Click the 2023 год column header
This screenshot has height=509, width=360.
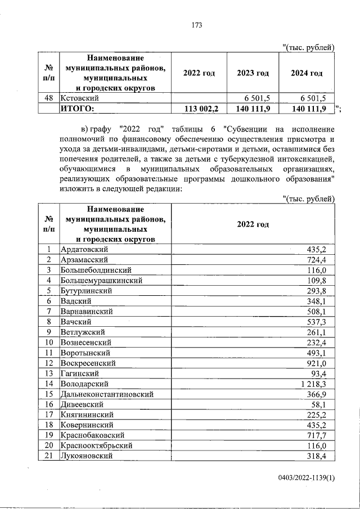(253, 73)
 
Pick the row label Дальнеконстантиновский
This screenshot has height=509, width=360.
(106, 394)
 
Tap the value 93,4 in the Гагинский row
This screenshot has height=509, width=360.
(326, 373)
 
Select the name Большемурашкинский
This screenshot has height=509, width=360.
(101, 280)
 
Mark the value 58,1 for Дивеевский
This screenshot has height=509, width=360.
(326, 404)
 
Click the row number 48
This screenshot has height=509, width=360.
(49, 97)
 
